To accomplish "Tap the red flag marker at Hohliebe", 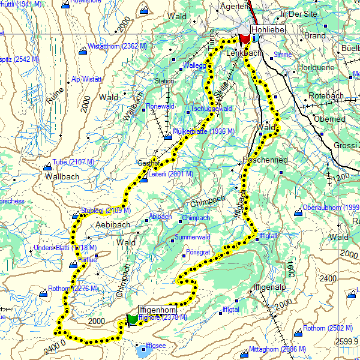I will click(x=244, y=38).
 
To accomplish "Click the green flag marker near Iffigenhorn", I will click(x=131, y=319).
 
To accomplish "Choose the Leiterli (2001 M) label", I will click(x=170, y=174).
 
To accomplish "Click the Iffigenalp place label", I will click(x=270, y=287).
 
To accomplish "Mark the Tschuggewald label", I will click(x=211, y=109).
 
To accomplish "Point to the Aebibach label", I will click(x=113, y=224).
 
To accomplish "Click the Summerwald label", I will click(x=192, y=238).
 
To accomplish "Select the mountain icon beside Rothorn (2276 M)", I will click(x=43, y=293).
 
